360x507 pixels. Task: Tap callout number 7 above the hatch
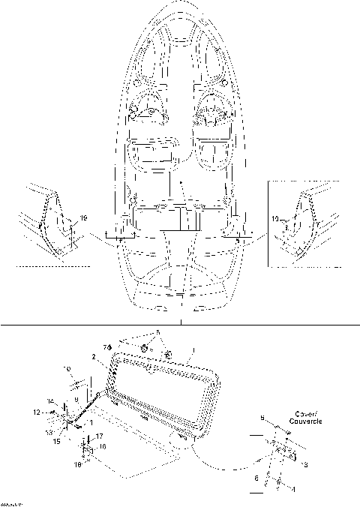point(107,346)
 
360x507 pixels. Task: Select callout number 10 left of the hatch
point(67,369)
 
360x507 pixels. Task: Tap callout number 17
point(100,436)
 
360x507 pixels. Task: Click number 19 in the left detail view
point(82,217)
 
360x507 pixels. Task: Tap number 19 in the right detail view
point(276,219)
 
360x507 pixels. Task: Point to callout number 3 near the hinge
point(304,465)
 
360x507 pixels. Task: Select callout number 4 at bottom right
point(293,489)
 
